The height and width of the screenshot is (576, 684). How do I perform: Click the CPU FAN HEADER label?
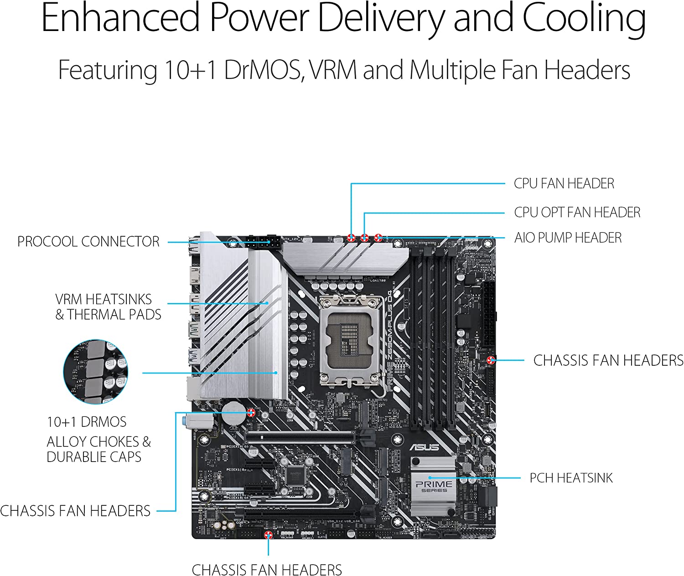[564, 183]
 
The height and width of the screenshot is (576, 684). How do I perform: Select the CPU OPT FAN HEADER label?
[577, 212]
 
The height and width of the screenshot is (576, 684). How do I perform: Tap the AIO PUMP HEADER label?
[568, 238]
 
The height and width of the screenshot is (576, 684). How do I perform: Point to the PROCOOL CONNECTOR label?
[88, 241]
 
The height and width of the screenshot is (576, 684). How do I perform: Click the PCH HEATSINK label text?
[571, 478]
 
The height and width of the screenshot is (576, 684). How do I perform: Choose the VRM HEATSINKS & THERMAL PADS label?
[108, 307]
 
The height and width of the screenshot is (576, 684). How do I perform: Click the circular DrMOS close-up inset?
[96, 372]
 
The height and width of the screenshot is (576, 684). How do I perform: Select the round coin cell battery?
[234, 412]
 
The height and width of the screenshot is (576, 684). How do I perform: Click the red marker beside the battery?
[251, 413]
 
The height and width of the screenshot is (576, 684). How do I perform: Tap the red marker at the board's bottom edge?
[269, 535]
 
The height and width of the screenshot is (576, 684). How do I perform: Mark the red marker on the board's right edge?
[491, 360]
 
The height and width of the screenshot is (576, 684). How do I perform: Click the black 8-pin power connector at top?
[262, 242]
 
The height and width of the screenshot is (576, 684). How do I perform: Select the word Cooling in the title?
[584, 18]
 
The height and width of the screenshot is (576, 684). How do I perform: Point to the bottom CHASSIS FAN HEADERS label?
[267, 570]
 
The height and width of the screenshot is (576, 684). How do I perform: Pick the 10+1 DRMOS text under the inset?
[87, 422]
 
